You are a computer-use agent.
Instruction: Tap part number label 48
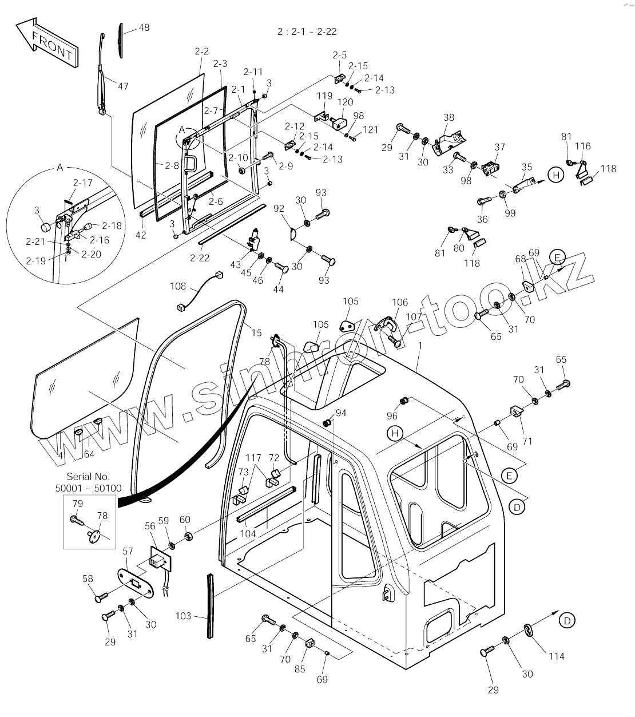144,27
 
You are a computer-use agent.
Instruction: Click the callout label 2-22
200,258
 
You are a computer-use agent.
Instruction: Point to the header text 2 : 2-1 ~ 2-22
307,32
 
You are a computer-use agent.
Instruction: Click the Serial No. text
88,476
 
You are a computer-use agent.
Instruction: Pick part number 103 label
183,616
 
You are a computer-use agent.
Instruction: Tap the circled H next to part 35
555,175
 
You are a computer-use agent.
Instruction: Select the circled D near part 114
566,620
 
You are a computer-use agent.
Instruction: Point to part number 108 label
178,285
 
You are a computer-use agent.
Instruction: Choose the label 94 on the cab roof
341,413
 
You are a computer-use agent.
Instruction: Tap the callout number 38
449,117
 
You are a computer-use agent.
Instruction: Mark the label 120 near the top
345,102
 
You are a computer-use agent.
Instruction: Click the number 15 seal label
256,332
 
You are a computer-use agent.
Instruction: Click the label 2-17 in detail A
82,183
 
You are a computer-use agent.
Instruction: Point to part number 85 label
300,669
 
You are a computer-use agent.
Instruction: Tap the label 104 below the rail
248,533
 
